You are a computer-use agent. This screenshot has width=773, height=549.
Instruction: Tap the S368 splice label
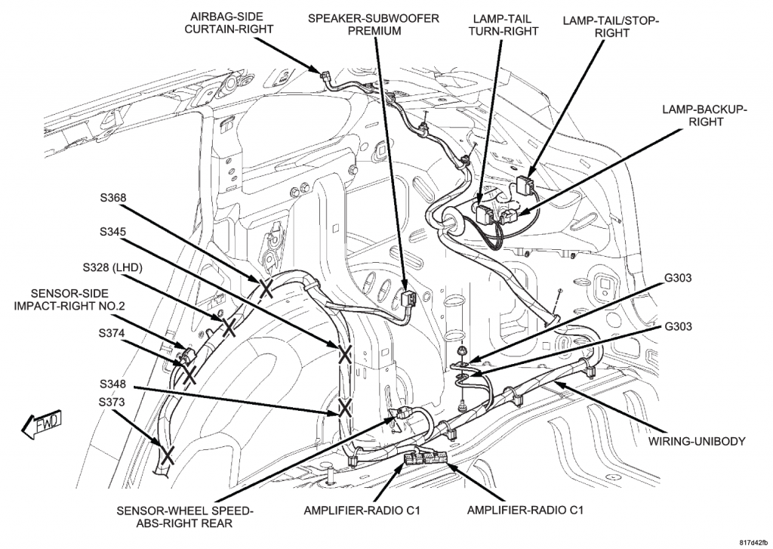click(113, 198)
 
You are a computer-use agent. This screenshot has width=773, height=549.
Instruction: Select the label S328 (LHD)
click(112, 268)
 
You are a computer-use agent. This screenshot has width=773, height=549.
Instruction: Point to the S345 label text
click(113, 232)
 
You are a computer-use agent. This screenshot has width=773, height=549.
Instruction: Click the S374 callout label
click(112, 334)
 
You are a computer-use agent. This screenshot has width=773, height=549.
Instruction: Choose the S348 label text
click(112, 384)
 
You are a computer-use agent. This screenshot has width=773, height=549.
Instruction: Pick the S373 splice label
click(112, 402)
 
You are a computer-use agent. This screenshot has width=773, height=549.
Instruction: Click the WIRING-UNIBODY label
click(697, 442)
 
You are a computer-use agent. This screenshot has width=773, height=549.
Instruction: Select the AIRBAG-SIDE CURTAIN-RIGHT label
click(229, 23)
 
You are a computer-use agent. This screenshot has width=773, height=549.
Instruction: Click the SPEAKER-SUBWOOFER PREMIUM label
click(373, 25)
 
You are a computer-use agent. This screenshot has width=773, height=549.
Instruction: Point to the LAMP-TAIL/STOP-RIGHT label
click(611, 26)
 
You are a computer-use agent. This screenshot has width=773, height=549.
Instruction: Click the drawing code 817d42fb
click(753, 541)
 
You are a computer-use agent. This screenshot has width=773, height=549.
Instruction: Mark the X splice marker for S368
click(265, 288)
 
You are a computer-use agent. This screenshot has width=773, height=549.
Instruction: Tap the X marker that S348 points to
click(345, 408)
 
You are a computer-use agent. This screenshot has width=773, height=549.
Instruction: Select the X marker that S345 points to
click(344, 354)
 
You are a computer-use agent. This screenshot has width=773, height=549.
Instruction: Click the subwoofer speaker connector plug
click(408, 299)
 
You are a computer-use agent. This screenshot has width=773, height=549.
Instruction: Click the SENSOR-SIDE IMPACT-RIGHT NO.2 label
click(69, 300)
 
